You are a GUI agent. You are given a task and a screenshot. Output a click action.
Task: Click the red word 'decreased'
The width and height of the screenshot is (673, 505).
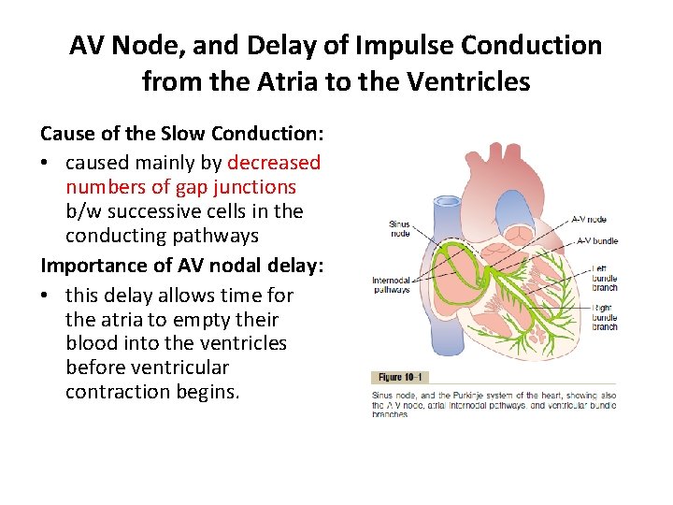click(x=274, y=163)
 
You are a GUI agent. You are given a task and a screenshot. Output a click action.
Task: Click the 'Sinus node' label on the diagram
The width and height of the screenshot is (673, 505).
click(x=399, y=229)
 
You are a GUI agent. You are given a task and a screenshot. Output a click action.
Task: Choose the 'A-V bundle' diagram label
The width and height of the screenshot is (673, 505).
click(x=597, y=240)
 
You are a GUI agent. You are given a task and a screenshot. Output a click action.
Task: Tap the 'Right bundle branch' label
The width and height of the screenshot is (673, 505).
click(x=605, y=317)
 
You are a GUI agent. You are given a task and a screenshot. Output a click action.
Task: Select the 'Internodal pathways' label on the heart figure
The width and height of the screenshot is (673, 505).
click(x=391, y=285)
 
